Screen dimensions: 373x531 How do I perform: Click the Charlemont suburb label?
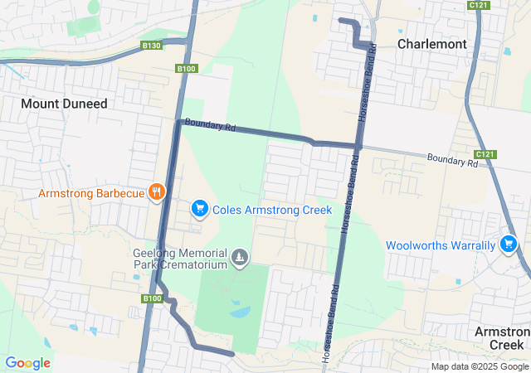431,43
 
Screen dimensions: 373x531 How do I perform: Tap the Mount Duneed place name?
64,104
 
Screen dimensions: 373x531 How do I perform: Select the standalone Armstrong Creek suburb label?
502,337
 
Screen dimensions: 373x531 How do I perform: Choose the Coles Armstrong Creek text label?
272,210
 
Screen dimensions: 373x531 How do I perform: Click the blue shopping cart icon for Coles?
200,209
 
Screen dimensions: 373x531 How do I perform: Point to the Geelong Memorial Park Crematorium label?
180,259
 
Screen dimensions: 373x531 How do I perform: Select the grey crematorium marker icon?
240,259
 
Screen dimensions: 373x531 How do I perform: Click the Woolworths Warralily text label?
441,245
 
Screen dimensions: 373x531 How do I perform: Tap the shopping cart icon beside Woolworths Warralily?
509,244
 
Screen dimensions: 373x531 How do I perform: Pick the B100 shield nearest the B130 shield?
186,69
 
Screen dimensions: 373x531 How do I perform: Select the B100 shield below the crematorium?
151,298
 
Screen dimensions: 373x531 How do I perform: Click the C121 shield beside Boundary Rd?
485,155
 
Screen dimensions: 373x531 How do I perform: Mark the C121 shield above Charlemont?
477,5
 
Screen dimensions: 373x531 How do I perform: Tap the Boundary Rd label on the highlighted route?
211,126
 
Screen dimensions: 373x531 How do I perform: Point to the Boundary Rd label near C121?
452,160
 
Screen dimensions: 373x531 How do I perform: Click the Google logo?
27,362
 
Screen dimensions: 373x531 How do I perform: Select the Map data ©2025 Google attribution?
480,366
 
